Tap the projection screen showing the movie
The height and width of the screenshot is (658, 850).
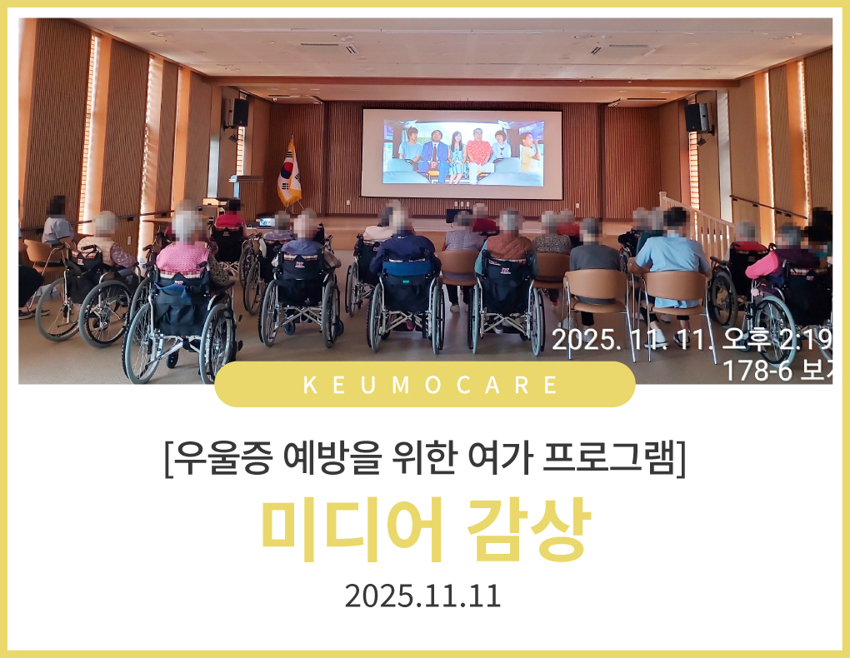click(462, 154)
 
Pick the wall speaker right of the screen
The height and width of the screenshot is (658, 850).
click(697, 117)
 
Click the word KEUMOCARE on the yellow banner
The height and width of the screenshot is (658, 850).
click(430, 386)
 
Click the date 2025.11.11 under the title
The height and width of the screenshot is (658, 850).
click(422, 596)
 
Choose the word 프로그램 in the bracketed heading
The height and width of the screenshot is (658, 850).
click(610, 459)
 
